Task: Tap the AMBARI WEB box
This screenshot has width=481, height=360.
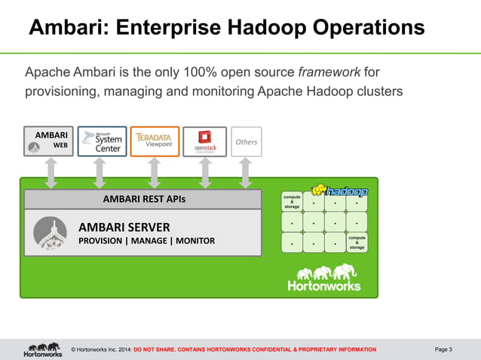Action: pos(49,142)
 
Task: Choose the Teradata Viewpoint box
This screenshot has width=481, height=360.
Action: pos(154,142)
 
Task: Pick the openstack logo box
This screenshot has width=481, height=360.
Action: pos(204,142)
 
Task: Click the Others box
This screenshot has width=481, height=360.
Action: pos(246,142)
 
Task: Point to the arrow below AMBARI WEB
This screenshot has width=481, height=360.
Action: pos(50,172)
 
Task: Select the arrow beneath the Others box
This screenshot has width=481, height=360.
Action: pos(246,172)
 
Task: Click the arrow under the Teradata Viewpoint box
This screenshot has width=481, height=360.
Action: pos(154,172)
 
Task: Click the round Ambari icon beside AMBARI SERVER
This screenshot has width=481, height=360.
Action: pos(51,233)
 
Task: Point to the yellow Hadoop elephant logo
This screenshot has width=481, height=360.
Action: pos(339,190)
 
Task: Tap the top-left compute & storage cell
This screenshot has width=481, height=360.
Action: pos(291,201)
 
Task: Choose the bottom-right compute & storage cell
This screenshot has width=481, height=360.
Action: pos(357,242)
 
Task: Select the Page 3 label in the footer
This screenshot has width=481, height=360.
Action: pos(443,349)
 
